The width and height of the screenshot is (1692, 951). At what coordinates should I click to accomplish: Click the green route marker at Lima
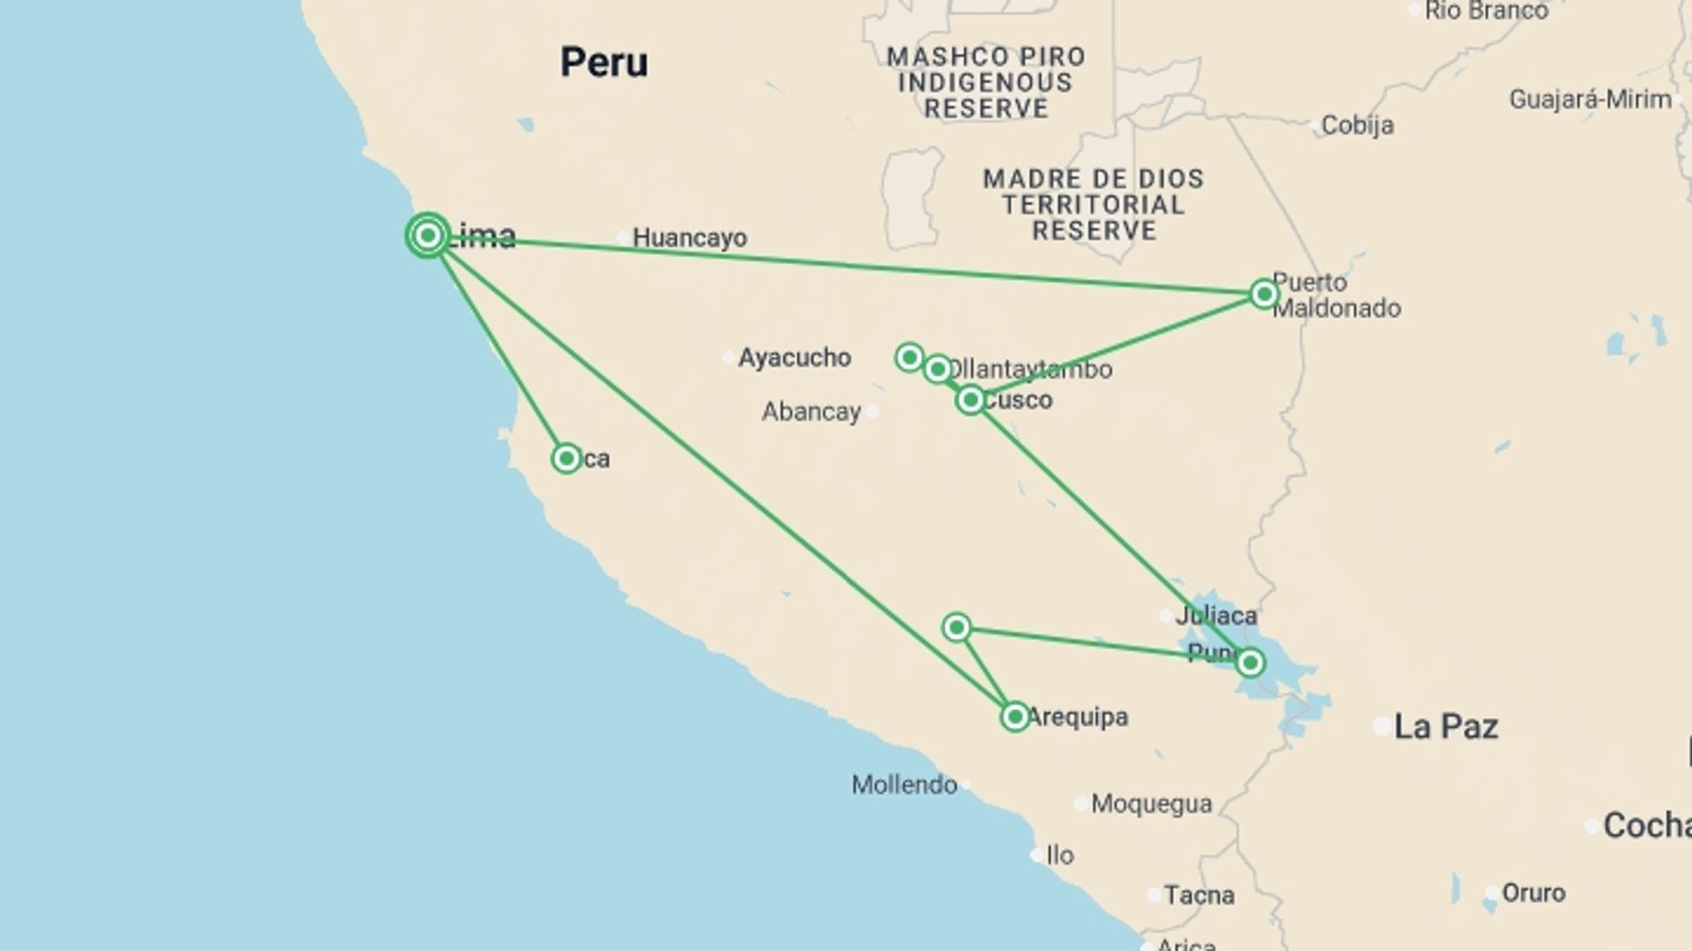[428, 235]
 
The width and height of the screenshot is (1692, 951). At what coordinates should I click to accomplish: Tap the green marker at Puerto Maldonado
[1264, 293]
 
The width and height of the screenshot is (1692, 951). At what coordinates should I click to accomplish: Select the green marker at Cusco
[970, 400]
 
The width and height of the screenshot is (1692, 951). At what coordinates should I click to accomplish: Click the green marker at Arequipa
[1014, 717]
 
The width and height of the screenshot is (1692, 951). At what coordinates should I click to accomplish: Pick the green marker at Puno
[1250, 662]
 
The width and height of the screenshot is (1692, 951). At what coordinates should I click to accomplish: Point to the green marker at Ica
[566, 458]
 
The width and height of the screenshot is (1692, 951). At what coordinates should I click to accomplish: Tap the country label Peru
[604, 63]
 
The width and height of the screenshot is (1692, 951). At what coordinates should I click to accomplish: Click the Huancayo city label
[689, 238]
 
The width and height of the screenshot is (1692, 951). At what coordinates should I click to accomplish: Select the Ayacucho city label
[794, 358]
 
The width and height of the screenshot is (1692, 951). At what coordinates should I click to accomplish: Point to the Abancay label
[811, 411]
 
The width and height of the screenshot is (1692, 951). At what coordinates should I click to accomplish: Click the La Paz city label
[1445, 726]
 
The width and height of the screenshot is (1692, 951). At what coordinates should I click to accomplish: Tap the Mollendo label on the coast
[904, 785]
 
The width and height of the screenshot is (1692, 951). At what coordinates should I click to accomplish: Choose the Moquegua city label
[1151, 804]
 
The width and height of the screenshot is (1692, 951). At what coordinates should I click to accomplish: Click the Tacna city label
[1198, 896]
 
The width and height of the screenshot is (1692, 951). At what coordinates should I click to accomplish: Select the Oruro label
[1532, 893]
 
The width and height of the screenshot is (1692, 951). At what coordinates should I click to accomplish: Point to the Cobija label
[1357, 125]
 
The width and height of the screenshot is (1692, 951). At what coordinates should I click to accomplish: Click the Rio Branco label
[1486, 11]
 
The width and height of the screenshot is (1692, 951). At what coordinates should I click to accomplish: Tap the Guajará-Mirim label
[1590, 100]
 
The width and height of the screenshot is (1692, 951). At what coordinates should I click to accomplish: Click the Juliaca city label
[1216, 615]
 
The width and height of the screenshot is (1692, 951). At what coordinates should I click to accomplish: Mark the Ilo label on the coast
[1059, 855]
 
